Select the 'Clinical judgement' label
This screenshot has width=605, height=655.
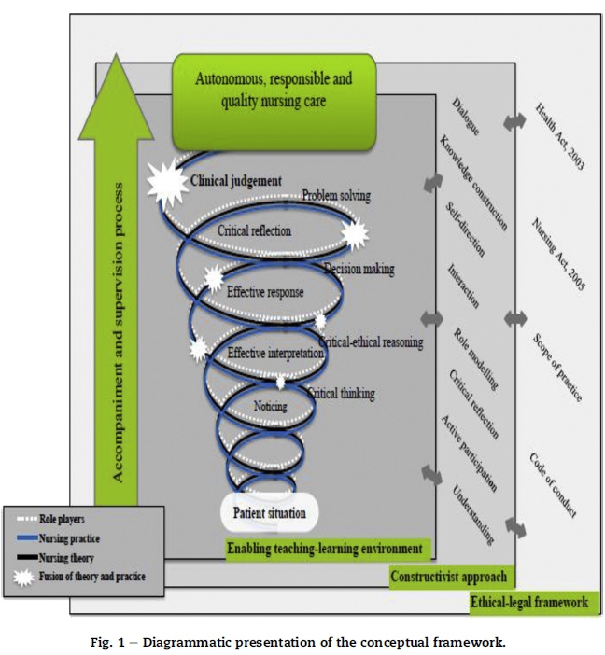235,181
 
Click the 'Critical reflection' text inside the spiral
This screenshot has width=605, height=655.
255,230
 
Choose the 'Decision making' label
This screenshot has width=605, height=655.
359,269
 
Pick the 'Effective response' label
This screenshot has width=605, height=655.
265,292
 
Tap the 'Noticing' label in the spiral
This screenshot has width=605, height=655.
270,406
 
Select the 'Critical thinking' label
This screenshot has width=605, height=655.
342,394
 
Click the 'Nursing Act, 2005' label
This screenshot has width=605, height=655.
558,256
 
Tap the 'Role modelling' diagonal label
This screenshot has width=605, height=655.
475,359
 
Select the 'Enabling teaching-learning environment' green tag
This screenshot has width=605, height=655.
324,549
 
